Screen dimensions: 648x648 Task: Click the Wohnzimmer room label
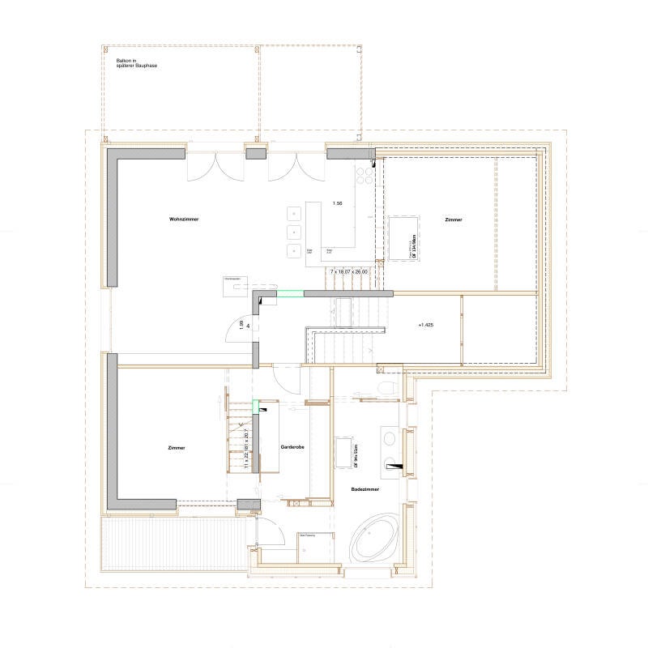pos(185,220)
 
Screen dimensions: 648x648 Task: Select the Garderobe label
pos(292,446)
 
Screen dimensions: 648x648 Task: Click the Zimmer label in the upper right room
pos(454,220)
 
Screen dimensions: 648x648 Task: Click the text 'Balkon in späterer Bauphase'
pos(136,62)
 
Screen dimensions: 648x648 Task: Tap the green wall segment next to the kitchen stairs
pos(289,293)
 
